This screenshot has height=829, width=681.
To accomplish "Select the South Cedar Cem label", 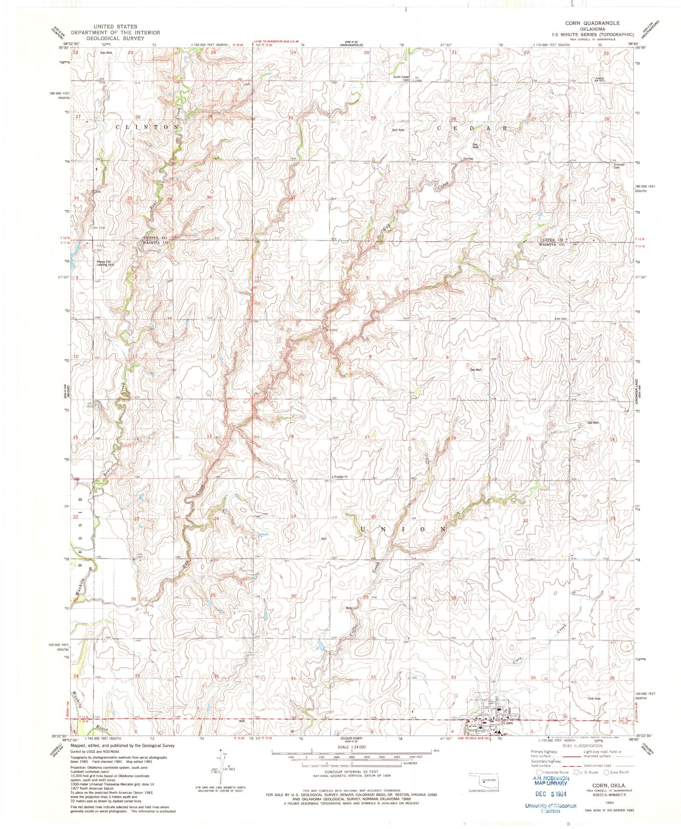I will click(x=401, y=78).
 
